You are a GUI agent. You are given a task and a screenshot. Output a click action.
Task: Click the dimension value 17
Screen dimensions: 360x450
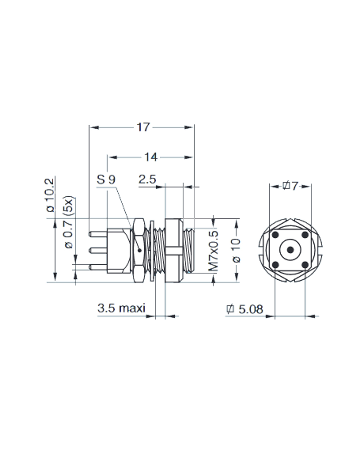coord(143,127)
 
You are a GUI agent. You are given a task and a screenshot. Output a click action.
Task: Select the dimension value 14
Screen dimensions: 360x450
coord(151,157)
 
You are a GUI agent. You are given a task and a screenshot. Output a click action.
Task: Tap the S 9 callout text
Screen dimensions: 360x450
coord(106,179)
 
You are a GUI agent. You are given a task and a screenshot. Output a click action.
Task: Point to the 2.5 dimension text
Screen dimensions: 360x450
coord(147,179)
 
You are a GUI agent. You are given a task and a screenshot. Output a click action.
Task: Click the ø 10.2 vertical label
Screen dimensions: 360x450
coord(50,195)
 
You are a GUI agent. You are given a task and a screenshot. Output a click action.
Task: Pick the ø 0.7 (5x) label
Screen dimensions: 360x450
coord(69,222)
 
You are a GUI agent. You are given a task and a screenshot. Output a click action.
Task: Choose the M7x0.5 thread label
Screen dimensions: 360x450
coord(214,251)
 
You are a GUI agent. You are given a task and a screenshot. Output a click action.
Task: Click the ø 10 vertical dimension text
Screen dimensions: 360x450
coord(236,250)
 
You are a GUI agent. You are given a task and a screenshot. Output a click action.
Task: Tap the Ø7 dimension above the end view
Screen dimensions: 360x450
coord(290,186)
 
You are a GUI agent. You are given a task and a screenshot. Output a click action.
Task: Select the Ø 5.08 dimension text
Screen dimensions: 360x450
coord(245,309)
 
